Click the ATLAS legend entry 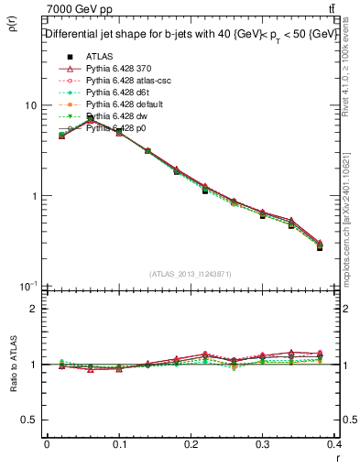98,58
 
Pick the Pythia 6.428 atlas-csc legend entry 127,82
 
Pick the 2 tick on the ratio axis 34,309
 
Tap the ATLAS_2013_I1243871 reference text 190,275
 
